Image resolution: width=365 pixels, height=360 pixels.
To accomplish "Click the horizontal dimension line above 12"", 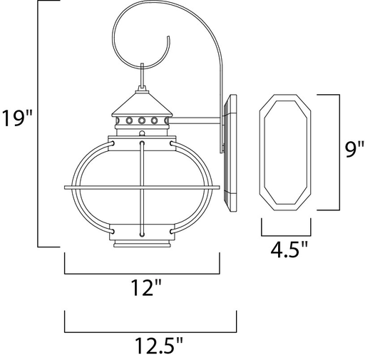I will (143, 273).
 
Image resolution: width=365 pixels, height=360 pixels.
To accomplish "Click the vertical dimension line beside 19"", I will (38, 125).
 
